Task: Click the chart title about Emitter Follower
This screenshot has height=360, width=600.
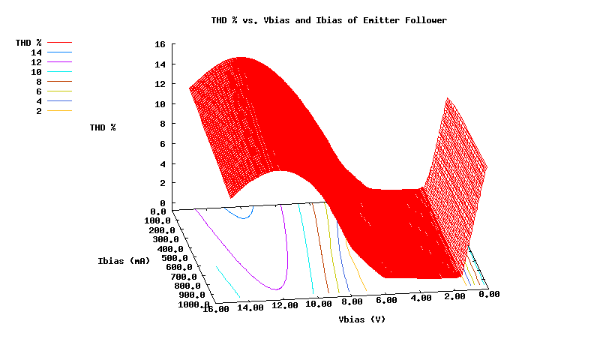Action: tap(328, 20)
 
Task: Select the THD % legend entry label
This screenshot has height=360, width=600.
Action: tap(28, 43)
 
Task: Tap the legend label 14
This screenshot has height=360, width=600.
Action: tap(37, 52)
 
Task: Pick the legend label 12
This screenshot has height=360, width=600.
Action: tap(37, 62)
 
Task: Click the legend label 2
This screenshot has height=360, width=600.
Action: tap(39, 111)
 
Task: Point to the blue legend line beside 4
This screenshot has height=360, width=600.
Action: tap(59, 101)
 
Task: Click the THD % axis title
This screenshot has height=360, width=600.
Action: tap(103, 127)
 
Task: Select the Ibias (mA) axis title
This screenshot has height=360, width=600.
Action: tap(124, 261)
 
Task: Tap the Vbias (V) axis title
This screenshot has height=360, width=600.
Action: tap(362, 319)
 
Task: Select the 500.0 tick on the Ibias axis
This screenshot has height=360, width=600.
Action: tap(175, 258)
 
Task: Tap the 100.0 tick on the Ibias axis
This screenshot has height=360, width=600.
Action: tap(158, 221)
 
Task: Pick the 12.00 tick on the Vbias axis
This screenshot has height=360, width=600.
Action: tap(286, 306)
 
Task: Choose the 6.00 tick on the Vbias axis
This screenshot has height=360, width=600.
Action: tap(386, 301)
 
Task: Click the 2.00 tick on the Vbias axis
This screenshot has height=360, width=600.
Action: tap(454, 297)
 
